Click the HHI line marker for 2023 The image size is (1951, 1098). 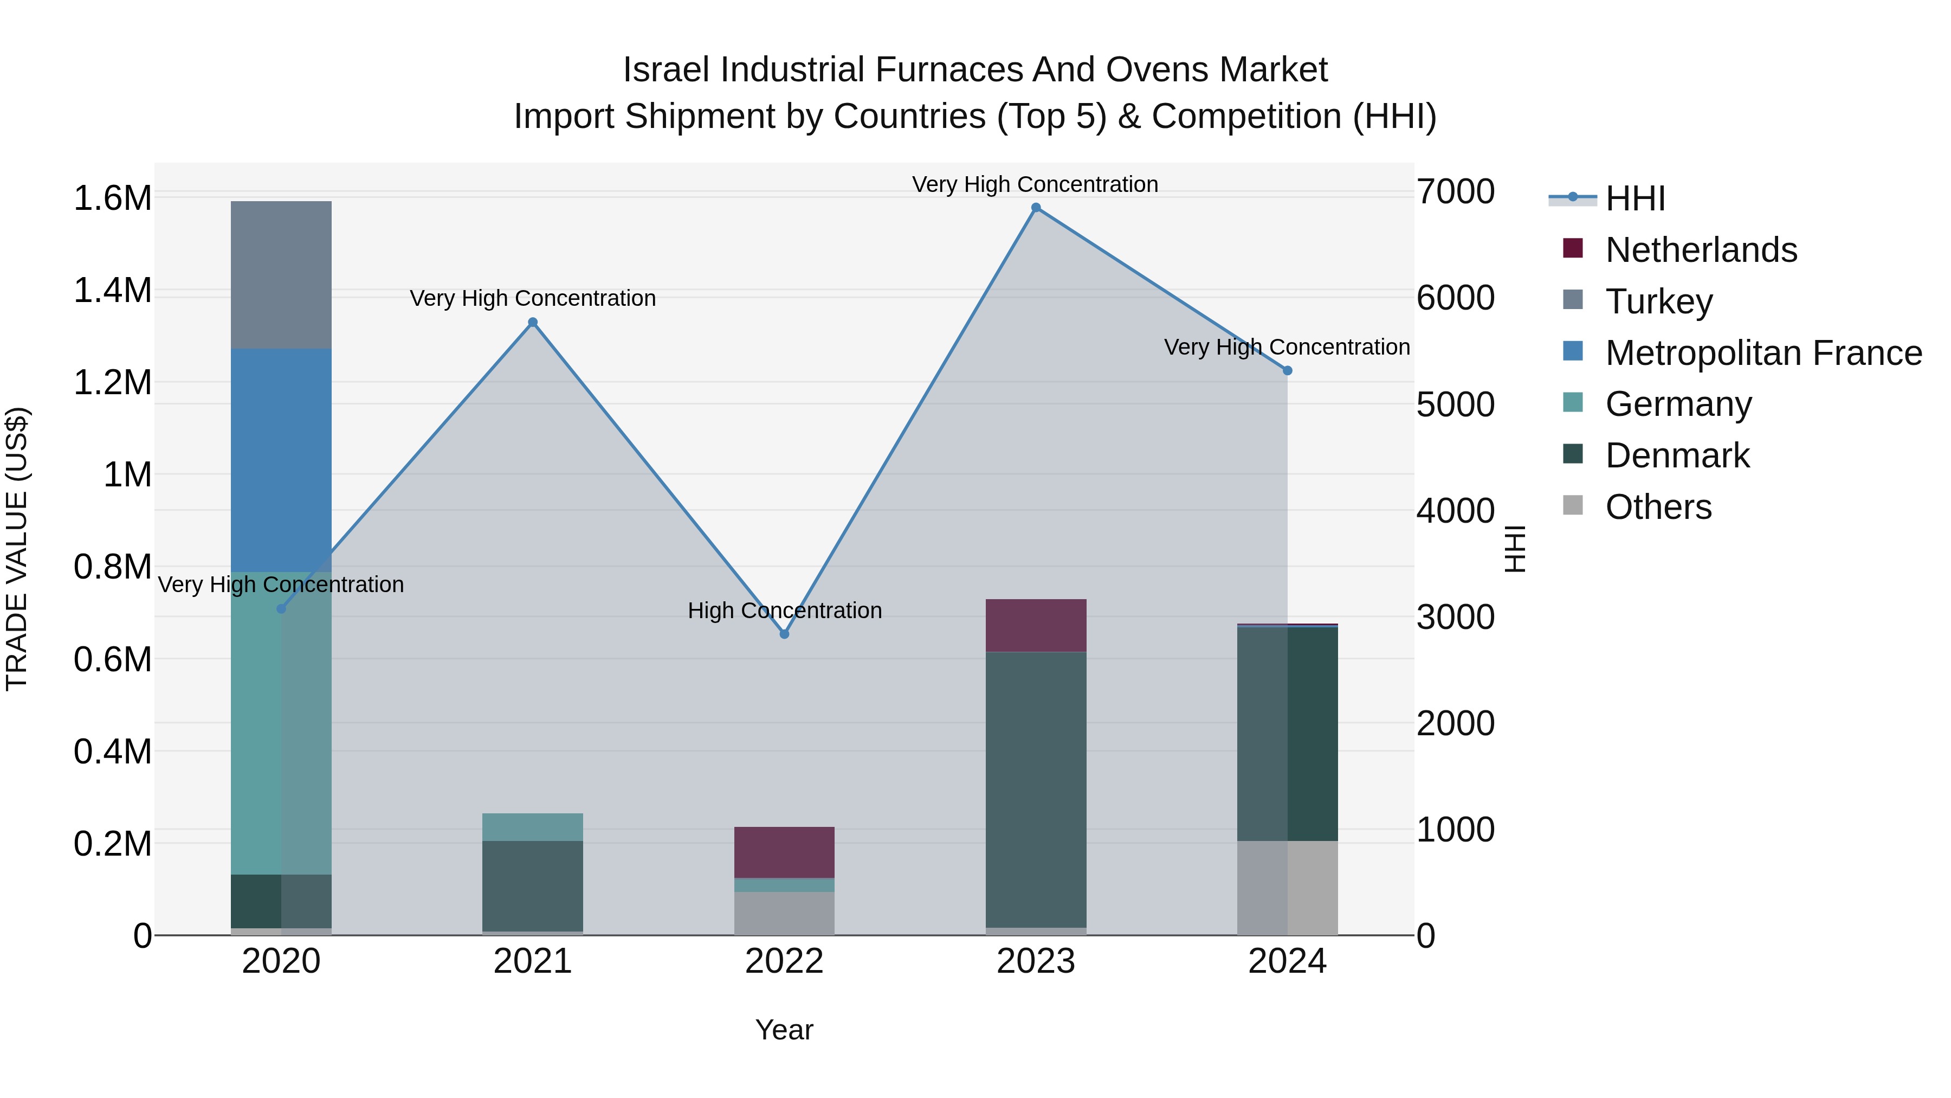(1035, 208)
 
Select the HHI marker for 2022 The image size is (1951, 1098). (784, 634)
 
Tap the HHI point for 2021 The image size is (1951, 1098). (532, 322)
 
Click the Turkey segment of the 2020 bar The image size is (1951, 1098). (281, 274)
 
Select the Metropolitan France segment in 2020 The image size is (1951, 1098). (281, 459)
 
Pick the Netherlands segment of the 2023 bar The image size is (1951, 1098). (1035, 625)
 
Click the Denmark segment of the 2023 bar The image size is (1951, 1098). (1035, 788)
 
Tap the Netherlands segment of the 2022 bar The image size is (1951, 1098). (784, 852)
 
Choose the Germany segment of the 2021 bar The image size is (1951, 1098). (532, 827)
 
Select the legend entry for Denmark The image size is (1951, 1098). (1676, 455)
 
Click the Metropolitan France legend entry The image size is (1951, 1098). (1762, 353)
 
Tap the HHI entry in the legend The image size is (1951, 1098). (1635, 198)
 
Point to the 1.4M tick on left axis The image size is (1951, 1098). (112, 291)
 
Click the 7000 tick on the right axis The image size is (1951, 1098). (1455, 192)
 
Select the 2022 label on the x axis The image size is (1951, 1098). (784, 961)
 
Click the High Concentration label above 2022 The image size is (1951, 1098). (784, 610)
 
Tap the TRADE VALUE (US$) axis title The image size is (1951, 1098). (17, 549)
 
